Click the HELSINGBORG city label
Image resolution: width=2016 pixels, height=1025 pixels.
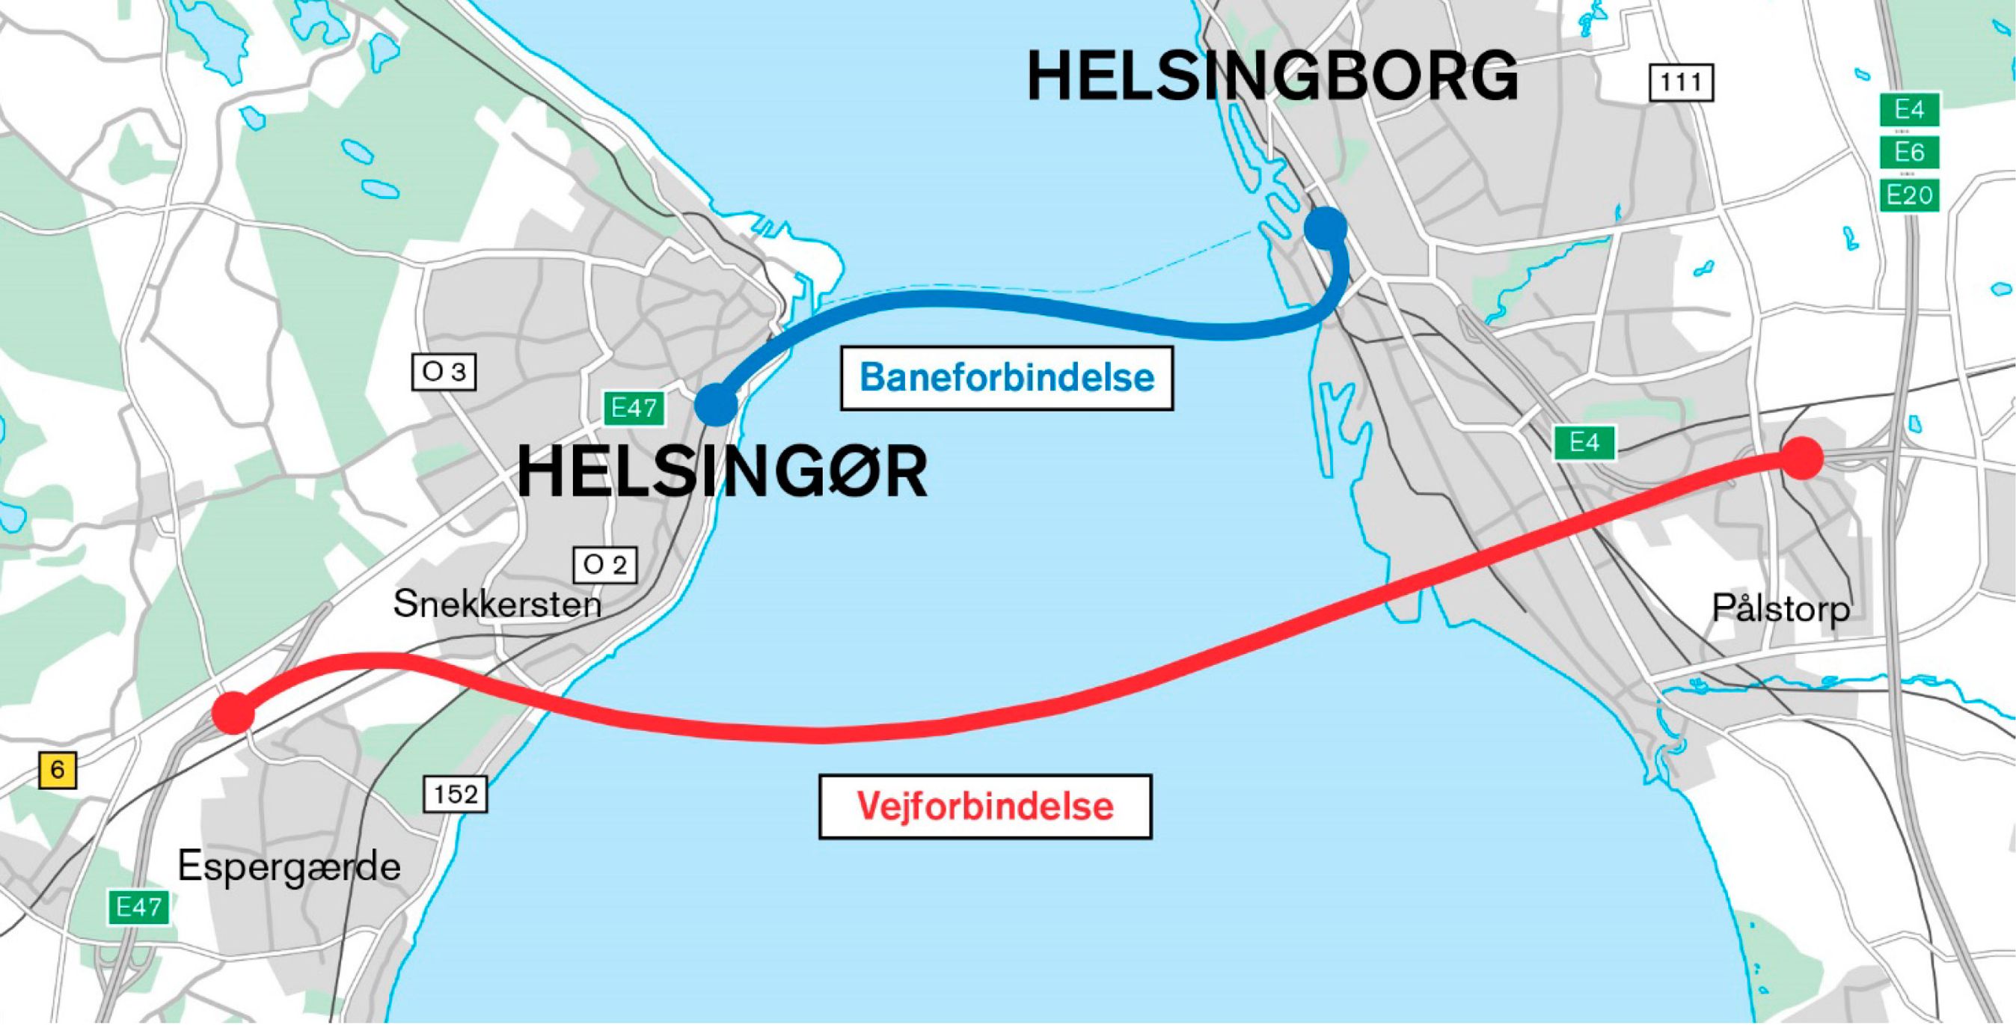point(1272,76)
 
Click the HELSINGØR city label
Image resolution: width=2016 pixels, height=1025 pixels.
point(723,473)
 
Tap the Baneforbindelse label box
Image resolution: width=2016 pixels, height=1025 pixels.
point(1006,378)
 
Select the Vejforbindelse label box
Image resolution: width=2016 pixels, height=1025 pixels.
point(984,806)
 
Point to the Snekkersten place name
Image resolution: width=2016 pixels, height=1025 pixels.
point(497,604)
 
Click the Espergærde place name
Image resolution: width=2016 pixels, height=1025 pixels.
point(289,867)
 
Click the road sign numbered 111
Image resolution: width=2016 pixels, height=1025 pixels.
point(1681,83)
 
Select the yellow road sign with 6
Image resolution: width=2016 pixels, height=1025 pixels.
point(57,771)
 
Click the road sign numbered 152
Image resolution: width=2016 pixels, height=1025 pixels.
point(456,795)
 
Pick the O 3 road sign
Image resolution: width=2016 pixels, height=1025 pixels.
point(444,372)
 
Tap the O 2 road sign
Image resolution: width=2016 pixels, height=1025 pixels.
point(605,565)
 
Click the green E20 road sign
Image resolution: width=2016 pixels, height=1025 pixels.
point(1910,195)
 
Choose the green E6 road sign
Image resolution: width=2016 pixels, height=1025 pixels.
point(1910,152)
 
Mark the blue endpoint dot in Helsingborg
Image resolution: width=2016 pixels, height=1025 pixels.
point(1325,227)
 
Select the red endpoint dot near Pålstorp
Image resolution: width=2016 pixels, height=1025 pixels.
point(1802,457)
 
